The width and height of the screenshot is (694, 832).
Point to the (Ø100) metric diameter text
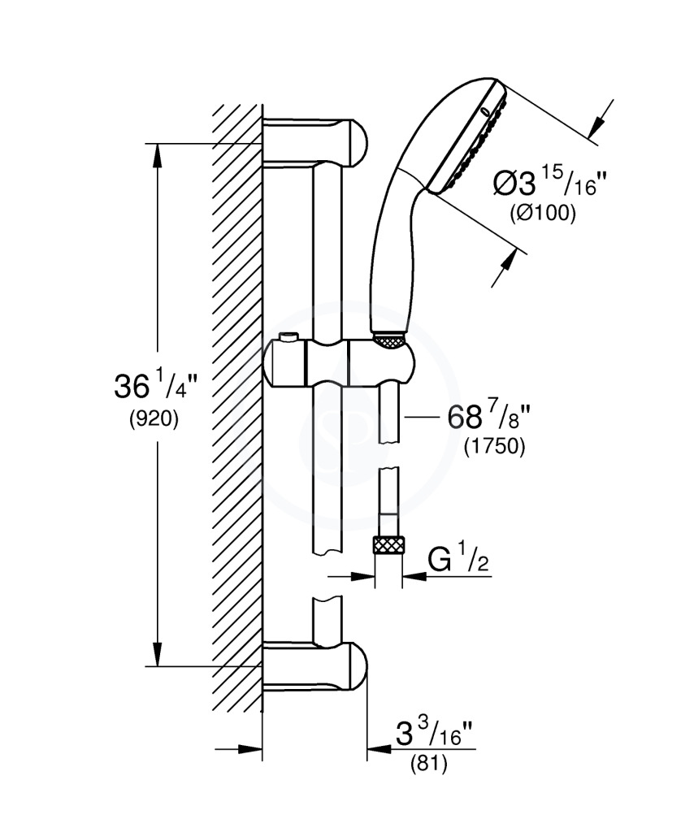(x=542, y=214)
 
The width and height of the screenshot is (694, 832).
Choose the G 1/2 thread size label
(x=456, y=561)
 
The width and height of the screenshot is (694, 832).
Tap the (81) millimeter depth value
(x=428, y=765)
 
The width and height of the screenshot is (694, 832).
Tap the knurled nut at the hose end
(x=388, y=545)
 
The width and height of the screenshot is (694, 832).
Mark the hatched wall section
(x=237, y=406)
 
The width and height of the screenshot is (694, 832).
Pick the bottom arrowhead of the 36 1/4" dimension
(x=158, y=657)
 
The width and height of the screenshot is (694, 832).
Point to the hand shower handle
(x=394, y=252)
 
